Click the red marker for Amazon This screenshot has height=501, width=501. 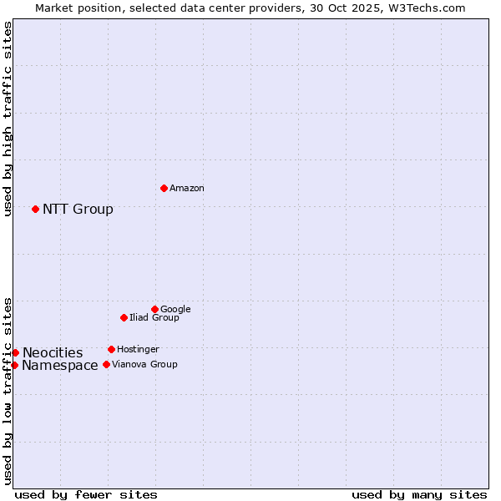coord(164,188)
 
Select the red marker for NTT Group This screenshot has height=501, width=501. coord(35,209)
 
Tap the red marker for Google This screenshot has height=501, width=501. coord(154,309)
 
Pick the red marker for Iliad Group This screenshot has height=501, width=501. coord(124,317)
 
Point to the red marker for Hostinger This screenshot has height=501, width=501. coord(111,349)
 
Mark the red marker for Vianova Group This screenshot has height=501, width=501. coord(106,364)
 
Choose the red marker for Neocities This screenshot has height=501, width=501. coord(15,352)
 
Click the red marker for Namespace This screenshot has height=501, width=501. coord(14,365)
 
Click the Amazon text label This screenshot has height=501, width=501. coord(187,189)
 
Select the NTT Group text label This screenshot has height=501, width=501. coord(78,210)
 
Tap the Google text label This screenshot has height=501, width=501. coord(175,310)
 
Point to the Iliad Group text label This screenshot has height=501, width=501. coord(154,318)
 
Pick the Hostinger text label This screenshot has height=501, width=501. coord(138,350)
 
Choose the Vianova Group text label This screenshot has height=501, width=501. coord(144,365)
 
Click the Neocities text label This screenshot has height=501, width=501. coord(53,353)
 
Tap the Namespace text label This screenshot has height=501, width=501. coord(60,366)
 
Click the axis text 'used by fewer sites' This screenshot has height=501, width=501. coord(86,494)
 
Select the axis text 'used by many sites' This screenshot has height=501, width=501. coord(419,494)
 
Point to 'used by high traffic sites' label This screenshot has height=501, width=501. coord(8,119)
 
